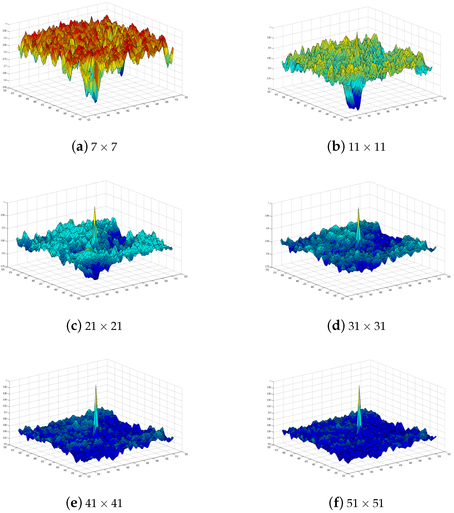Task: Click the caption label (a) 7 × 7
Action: [x=94, y=147]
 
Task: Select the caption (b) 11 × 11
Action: [x=356, y=147]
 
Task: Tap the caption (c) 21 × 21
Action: [x=94, y=326]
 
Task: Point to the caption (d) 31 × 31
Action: [x=356, y=326]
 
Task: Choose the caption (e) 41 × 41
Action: [x=94, y=503]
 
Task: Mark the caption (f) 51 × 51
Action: [x=356, y=503]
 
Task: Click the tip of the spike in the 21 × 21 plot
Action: [x=95, y=207]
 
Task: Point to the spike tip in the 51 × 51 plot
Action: [x=359, y=385]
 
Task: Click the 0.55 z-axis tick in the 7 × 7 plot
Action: [x=5, y=87]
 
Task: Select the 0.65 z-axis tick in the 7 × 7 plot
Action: [x=5, y=73]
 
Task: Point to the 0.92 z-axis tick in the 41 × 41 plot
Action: [x=5, y=406]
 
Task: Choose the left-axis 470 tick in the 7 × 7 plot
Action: [x=42, y=105]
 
